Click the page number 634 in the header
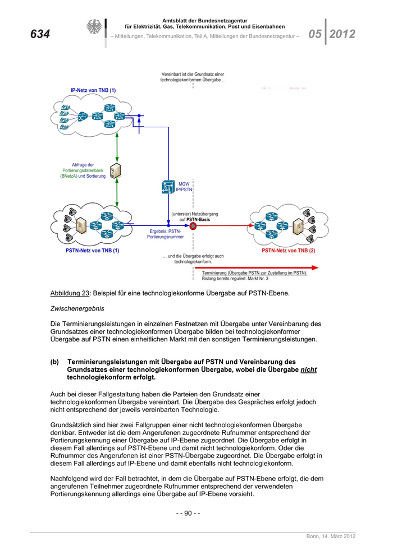tap(40, 35)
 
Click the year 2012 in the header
tap(342, 34)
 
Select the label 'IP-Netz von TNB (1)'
tap(93, 90)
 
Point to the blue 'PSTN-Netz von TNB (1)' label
tap(93, 251)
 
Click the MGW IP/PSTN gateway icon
tap(168, 187)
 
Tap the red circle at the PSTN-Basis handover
tap(193, 226)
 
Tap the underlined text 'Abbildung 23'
tap(70, 293)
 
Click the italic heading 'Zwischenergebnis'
tap(77, 308)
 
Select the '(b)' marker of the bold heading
tap(55, 362)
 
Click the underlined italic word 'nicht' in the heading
tap(308, 370)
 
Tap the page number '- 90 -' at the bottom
tap(188, 513)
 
